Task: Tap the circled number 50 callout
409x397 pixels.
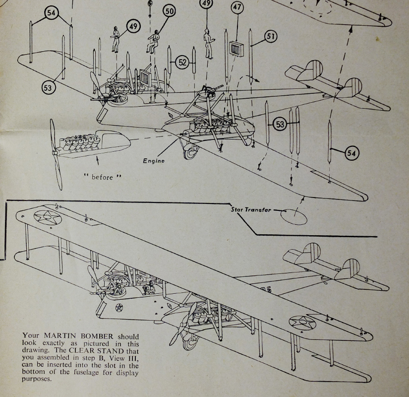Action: (x=169, y=11)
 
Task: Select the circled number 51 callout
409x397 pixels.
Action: (x=271, y=37)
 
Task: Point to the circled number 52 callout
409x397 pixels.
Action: (x=183, y=62)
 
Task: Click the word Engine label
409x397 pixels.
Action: (x=154, y=161)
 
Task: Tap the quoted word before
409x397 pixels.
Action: (x=102, y=177)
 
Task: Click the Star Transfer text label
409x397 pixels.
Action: (x=251, y=209)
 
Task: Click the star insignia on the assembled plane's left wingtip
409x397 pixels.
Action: (x=43, y=217)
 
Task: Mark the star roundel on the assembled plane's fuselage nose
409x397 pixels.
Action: (x=119, y=309)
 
